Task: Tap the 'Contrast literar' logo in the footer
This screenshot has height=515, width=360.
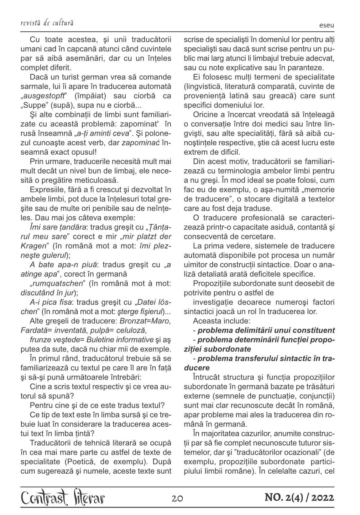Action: tap(63, 498)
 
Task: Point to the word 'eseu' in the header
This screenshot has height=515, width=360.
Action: tap(327, 26)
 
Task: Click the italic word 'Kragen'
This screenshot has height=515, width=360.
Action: tap(33, 246)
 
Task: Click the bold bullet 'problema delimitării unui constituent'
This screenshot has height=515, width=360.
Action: tap(266, 330)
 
